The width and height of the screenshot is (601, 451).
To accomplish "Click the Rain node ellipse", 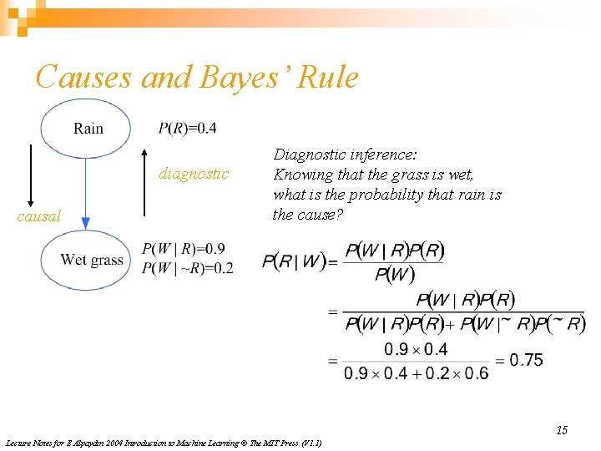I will [85, 129].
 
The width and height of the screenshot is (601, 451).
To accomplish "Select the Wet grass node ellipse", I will [87, 259].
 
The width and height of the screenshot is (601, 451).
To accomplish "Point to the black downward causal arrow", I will [31, 175].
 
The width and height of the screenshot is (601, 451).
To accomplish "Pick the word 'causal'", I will [39, 216].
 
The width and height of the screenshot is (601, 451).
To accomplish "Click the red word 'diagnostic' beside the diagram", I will [194, 174].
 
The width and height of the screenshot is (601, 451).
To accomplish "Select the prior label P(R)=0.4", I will [187, 128].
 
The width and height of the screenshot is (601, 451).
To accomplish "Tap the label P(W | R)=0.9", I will [183, 249].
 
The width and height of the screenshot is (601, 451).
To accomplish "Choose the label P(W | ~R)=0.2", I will [187, 267].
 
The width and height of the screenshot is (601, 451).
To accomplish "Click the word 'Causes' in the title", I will [83, 78].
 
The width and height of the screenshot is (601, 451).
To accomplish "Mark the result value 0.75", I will [526, 360].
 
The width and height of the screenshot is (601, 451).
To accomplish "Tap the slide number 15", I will [562, 430].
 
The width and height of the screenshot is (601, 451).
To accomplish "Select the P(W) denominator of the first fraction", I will [395, 274].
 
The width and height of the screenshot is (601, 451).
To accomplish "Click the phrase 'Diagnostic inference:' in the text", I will [346, 155].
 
